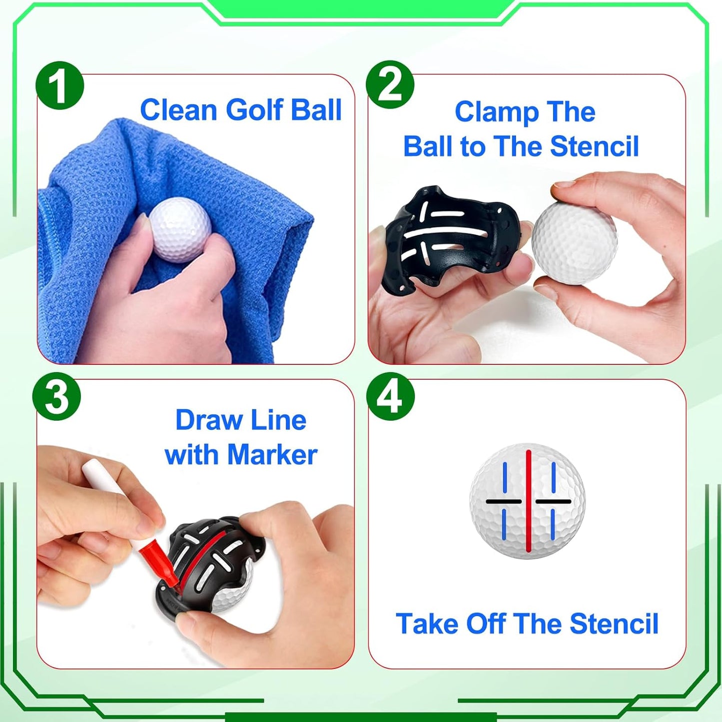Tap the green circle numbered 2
pyautogui.click(x=390, y=85)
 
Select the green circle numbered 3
pyautogui.click(x=56, y=397)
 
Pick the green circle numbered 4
pyautogui.click(x=390, y=397)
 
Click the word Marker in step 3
pyautogui.click(x=272, y=455)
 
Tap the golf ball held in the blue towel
pyautogui.click(x=180, y=229)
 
